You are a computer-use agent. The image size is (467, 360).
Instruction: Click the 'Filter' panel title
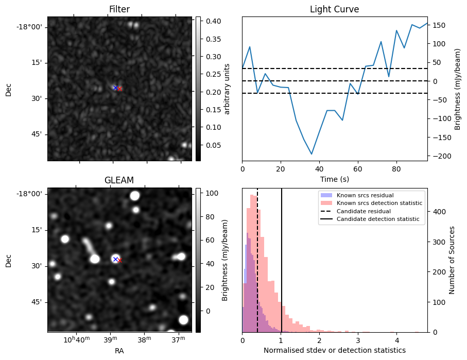pos(119,9)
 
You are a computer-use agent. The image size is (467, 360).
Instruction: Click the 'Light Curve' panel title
pos(334,9)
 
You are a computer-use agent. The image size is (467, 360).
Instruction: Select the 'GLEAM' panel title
pos(119,180)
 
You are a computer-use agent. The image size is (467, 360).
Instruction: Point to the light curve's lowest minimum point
pos(312,154)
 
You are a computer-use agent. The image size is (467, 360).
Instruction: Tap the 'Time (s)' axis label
pos(334,179)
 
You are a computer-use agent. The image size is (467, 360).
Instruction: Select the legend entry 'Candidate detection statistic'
pos(378,219)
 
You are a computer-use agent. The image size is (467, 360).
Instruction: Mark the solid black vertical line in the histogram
pos(282,258)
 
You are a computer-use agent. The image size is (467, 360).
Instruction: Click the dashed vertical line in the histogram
pos(257,258)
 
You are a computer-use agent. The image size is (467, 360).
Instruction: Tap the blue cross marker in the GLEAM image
pos(116,259)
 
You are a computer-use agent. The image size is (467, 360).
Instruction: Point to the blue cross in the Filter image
pos(115,88)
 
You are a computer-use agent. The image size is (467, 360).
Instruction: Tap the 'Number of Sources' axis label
pos(452,260)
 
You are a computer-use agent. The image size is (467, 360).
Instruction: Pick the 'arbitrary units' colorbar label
pos(227,89)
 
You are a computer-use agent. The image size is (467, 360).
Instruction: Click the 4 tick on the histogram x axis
pos(396,340)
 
